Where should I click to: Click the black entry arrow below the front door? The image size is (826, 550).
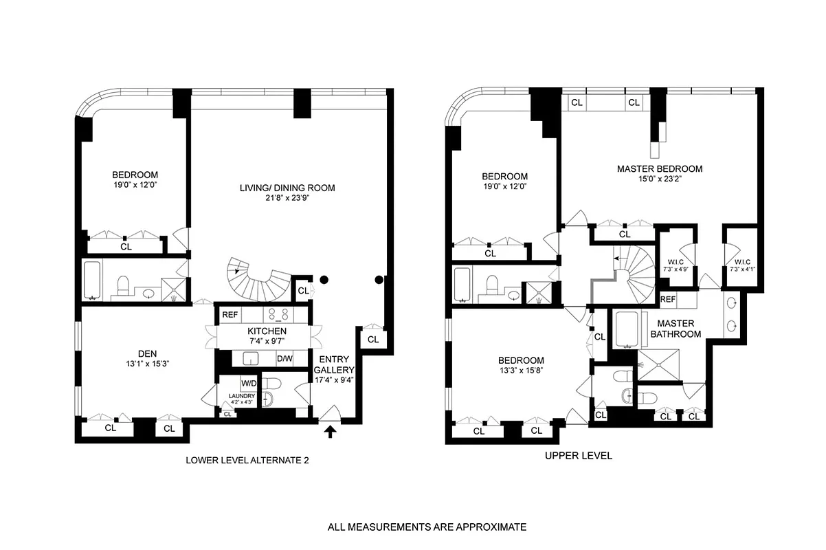click(330, 431)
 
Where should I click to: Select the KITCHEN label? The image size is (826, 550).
click(267, 331)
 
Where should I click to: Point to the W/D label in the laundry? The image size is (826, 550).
click(247, 383)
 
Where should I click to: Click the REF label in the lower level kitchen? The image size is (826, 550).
click(230, 314)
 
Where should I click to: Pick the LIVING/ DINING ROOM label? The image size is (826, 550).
click(287, 188)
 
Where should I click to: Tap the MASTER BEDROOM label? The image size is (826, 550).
click(659, 168)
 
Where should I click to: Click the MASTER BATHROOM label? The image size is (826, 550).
click(676, 329)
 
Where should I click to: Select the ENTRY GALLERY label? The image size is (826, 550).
click(334, 364)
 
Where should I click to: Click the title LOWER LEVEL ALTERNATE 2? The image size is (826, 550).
click(247, 461)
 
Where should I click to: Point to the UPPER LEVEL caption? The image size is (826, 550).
click(578, 456)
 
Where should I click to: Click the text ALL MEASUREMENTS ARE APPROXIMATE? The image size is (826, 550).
click(427, 527)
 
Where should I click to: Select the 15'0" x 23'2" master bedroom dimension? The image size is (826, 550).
click(659, 179)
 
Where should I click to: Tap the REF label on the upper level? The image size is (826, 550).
click(667, 300)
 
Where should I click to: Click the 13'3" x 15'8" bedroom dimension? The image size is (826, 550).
click(522, 371)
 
